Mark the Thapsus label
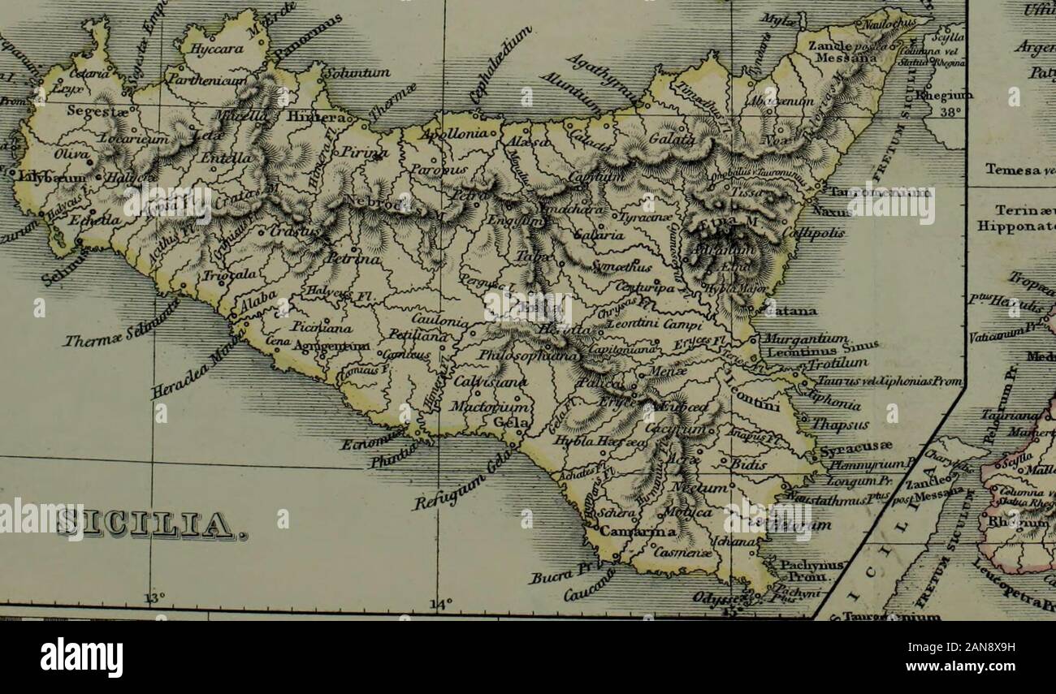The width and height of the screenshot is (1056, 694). pyautogui.click(x=842, y=423)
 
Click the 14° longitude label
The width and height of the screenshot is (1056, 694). pyautogui.click(x=439, y=604)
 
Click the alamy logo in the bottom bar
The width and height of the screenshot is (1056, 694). pyautogui.click(x=82, y=656)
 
